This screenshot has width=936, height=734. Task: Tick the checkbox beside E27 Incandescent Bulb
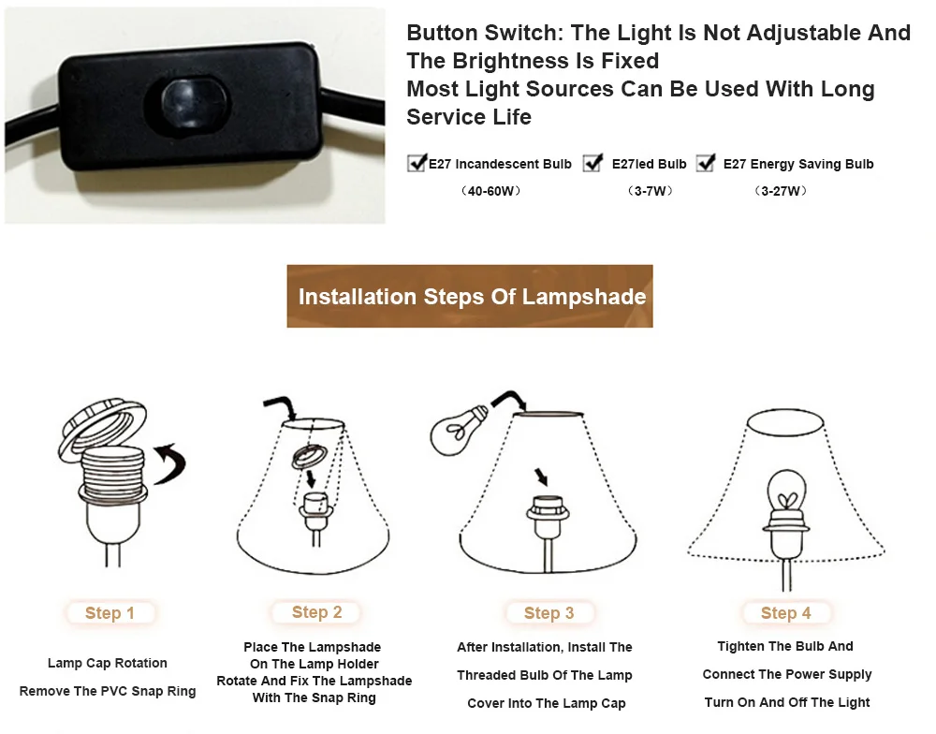point(417,164)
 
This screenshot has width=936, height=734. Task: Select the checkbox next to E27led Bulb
point(592,164)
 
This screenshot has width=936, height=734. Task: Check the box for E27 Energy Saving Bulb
point(706,164)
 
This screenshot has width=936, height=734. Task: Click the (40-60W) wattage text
point(490,191)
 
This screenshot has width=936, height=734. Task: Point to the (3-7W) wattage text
point(650,191)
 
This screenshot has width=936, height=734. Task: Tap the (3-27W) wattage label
point(780,191)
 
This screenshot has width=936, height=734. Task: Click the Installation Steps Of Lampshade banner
point(471,297)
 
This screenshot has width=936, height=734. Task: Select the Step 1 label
point(110,613)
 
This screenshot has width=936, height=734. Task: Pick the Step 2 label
point(316,612)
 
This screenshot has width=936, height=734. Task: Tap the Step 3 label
point(548,613)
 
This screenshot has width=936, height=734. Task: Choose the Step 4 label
point(785,613)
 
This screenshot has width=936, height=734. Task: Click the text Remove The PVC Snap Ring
point(108,691)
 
